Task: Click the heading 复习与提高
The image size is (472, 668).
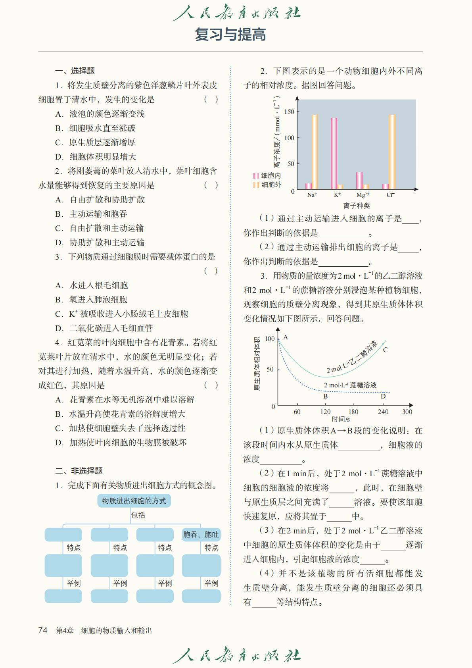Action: [230, 35]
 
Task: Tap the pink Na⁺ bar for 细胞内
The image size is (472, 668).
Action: [308, 186]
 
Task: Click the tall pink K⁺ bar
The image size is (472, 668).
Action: [334, 153]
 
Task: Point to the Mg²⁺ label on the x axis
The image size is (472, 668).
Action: [363, 195]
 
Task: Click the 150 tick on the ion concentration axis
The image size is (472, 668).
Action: [289, 112]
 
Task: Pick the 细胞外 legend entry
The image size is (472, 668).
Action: [267, 185]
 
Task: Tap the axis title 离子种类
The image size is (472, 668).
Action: [356, 206]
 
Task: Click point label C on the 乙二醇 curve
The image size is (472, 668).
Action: [385, 350]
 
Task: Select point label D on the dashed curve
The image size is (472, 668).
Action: [383, 396]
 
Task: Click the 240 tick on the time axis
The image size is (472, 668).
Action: [383, 412]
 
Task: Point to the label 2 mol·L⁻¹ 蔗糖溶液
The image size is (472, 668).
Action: [350, 385]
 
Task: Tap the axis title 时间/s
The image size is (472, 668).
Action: [341, 419]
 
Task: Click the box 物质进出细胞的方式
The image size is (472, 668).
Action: [134, 501]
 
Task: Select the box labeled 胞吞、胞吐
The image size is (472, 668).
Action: [201, 535]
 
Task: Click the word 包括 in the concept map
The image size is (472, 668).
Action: [138, 515]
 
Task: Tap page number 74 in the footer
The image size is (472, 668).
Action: [43, 630]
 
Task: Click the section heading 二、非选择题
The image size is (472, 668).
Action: [79, 471]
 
